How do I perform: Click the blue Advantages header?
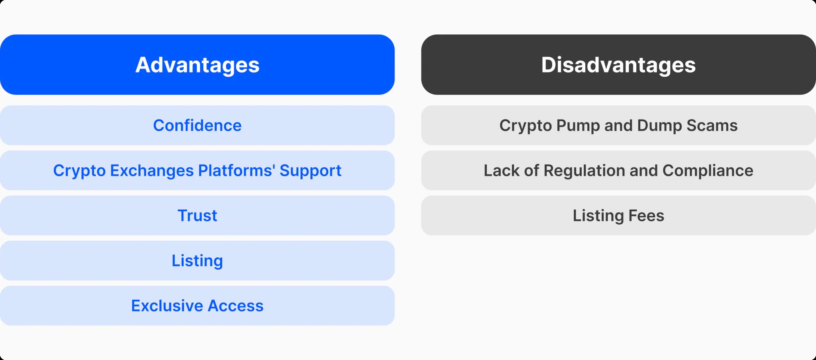pos(197,65)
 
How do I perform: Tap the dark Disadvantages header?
pos(618,65)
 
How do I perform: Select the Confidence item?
pos(197,125)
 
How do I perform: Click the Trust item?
pos(197,215)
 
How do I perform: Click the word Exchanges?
pos(152,171)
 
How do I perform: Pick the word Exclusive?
pos(167,306)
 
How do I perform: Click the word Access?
pos(235,306)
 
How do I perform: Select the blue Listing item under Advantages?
pos(197,260)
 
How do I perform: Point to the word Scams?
pos(712,126)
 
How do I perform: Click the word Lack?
pos(502,171)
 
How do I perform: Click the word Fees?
pos(646,216)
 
